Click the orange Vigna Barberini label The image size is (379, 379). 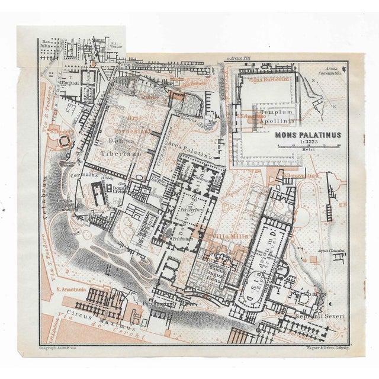coord(269,79)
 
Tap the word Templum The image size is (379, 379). coord(277,111)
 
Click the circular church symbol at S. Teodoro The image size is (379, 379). coord(63,142)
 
